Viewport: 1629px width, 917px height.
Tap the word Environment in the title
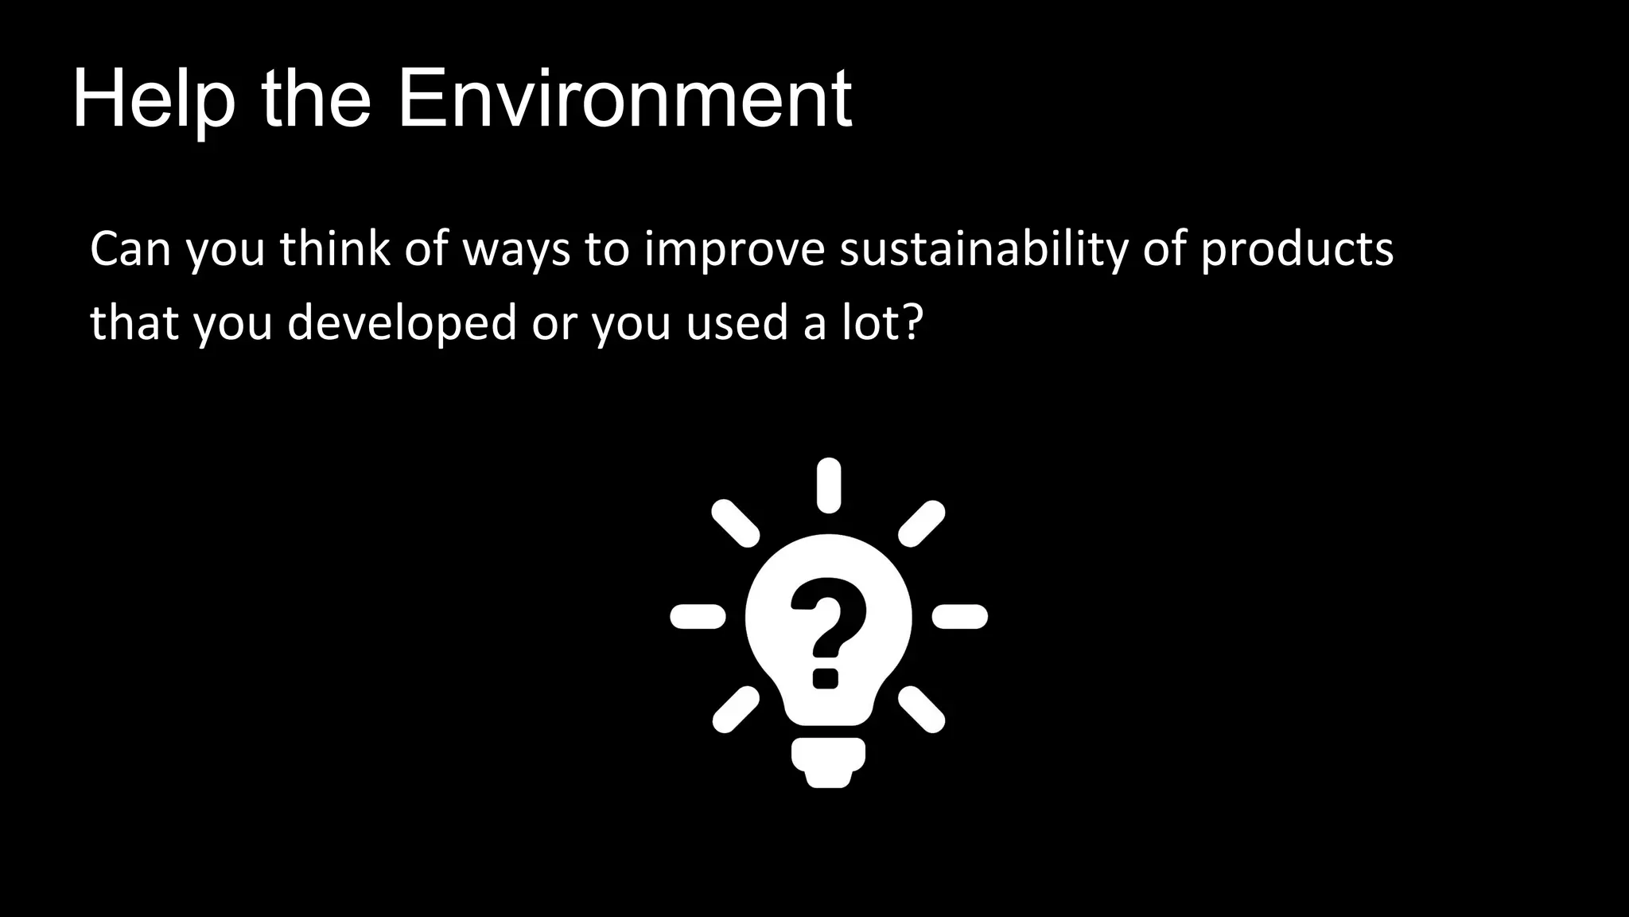pos(624,100)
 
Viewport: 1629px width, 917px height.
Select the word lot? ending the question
pos(883,322)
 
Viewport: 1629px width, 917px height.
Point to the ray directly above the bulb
pos(829,485)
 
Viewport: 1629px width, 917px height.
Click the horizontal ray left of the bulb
pos(698,616)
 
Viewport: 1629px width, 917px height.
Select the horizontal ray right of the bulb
pos(960,616)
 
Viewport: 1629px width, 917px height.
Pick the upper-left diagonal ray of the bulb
pos(735,524)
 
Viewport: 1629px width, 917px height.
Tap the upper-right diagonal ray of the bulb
pos(922,524)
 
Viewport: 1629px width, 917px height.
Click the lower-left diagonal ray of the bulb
pos(735,709)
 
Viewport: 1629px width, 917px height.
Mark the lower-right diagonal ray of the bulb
pos(922,709)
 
